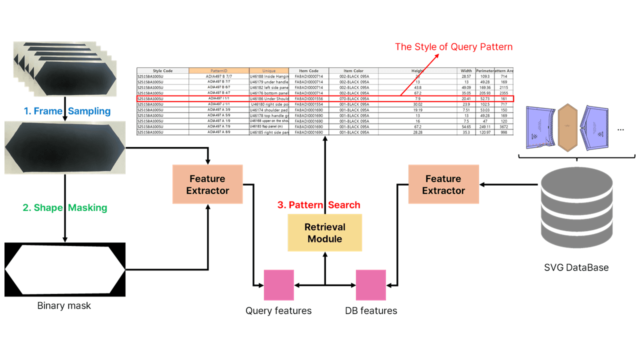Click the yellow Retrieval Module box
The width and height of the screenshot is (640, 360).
click(x=324, y=232)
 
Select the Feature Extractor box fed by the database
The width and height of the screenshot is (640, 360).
click(x=443, y=184)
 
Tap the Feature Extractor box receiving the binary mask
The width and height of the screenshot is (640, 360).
click(x=207, y=184)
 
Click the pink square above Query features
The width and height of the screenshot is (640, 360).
click(x=278, y=285)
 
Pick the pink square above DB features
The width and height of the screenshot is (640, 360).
click(x=370, y=285)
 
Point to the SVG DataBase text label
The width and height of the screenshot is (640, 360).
click(x=576, y=267)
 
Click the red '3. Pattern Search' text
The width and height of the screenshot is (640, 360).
click(x=318, y=205)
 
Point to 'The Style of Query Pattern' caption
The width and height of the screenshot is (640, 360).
click(x=453, y=47)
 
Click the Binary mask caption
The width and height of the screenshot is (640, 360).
click(x=64, y=305)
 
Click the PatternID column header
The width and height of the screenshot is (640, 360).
click(x=219, y=71)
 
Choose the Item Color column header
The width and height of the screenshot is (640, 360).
click(x=353, y=71)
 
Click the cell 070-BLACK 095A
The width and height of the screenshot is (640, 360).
click(x=353, y=99)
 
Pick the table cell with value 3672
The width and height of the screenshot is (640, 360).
click(x=503, y=127)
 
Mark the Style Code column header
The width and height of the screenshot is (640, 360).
click(x=162, y=71)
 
